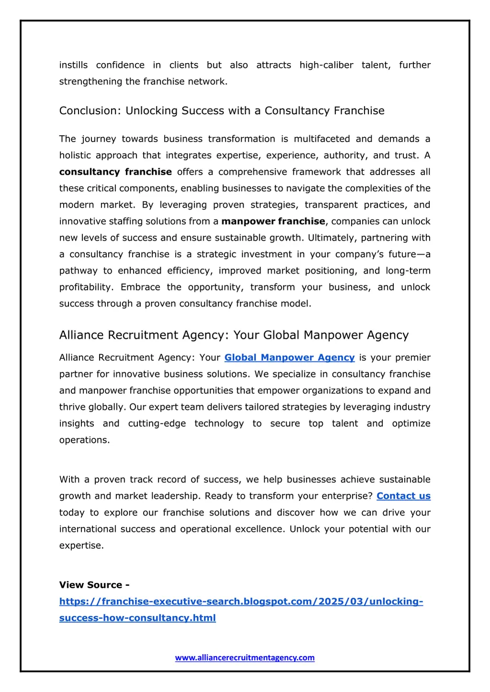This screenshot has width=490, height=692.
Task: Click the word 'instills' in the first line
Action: [x=73, y=65]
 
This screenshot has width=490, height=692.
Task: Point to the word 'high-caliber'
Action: [x=326, y=65]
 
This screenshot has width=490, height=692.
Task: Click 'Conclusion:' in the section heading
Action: [x=90, y=111]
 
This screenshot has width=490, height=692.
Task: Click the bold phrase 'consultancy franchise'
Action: [x=115, y=172]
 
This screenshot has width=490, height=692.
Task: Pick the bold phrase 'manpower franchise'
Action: [x=273, y=221]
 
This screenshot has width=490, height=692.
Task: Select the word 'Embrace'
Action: [x=140, y=287]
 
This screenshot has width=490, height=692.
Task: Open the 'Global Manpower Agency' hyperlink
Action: [x=290, y=357]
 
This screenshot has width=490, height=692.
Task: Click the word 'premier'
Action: [x=413, y=357]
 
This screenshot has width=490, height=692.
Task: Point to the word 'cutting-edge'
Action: [x=157, y=423]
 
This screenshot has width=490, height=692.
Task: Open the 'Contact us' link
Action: [x=403, y=496]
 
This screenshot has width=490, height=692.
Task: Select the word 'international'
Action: [x=88, y=529]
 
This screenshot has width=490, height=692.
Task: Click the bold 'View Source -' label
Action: [x=94, y=585]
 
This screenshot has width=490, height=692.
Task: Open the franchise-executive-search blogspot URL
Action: [x=241, y=602]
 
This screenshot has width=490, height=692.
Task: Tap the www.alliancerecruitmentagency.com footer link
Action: [x=245, y=658]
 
